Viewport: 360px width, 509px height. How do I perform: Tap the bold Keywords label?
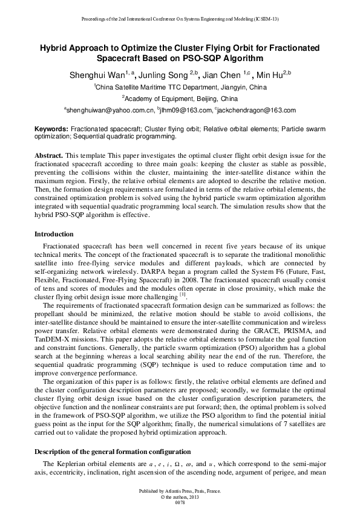(x=51, y=129)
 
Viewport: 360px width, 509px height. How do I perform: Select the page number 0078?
(x=180, y=502)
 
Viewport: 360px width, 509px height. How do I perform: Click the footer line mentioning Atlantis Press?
(x=180, y=491)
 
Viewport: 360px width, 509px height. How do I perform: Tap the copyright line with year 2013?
(x=180, y=497)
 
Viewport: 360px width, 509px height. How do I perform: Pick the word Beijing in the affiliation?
(x=205, y=98)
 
